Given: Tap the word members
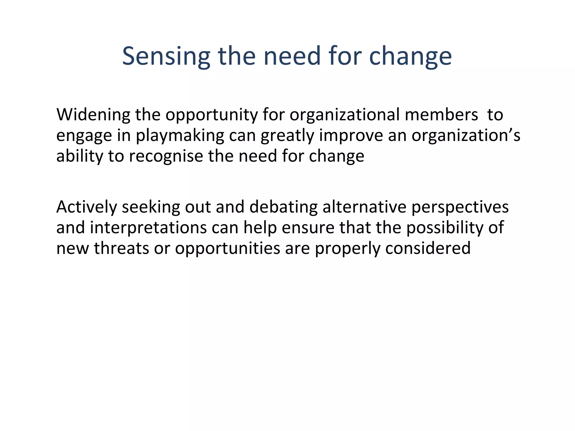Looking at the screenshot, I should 441,115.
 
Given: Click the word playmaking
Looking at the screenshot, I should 180,136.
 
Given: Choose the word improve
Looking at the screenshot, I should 351,136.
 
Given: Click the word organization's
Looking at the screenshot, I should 466,136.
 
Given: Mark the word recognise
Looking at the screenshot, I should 166,156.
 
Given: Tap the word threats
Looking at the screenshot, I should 121,248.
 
